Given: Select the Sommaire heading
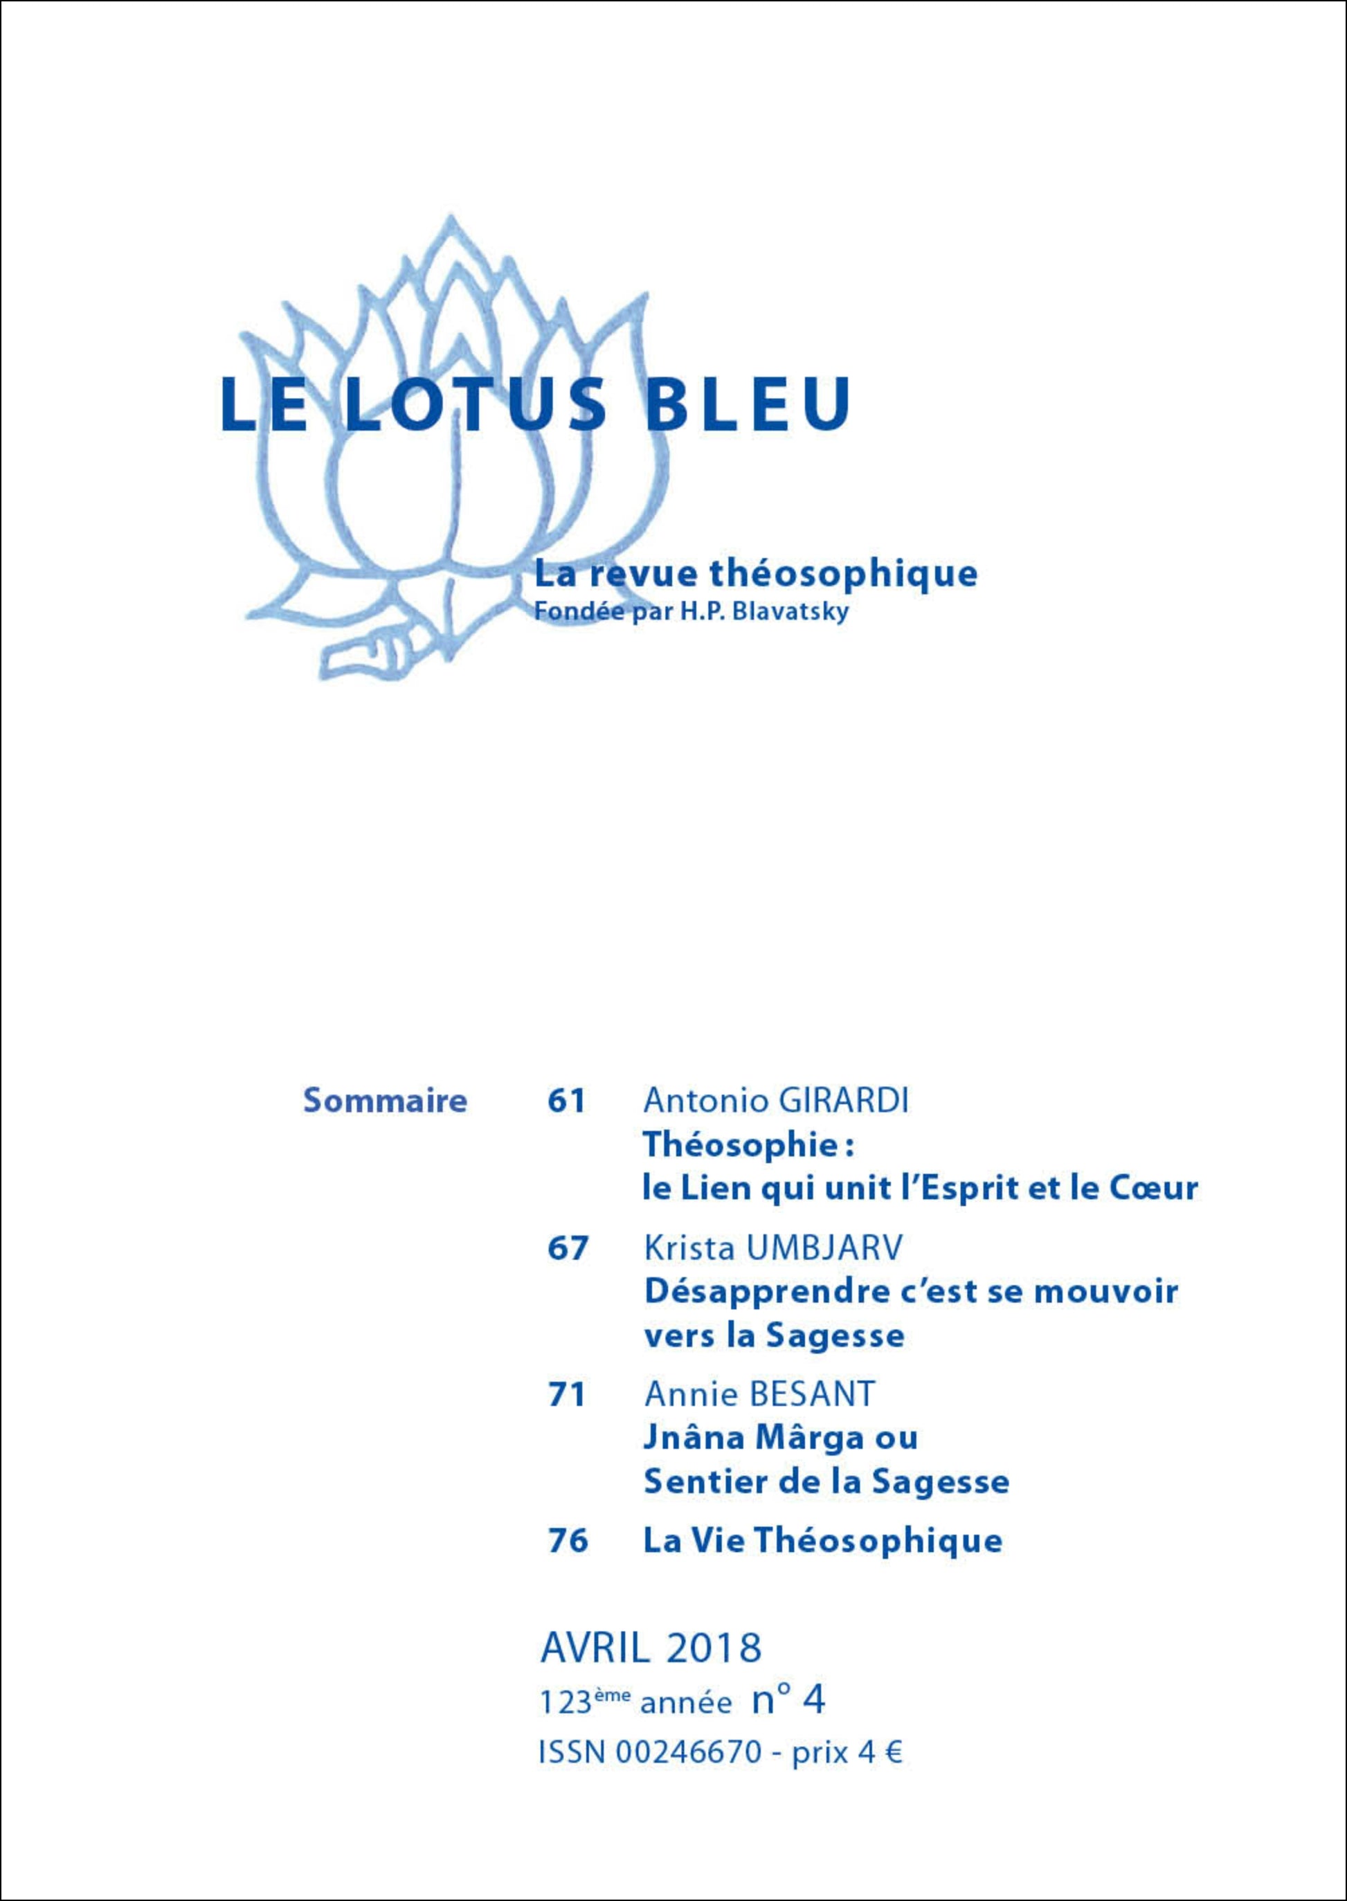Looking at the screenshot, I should [385, 1101].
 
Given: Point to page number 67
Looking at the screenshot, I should [568, 1248].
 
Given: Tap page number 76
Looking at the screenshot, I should [568, 1541].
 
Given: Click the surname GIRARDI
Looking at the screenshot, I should [844, 1101].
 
